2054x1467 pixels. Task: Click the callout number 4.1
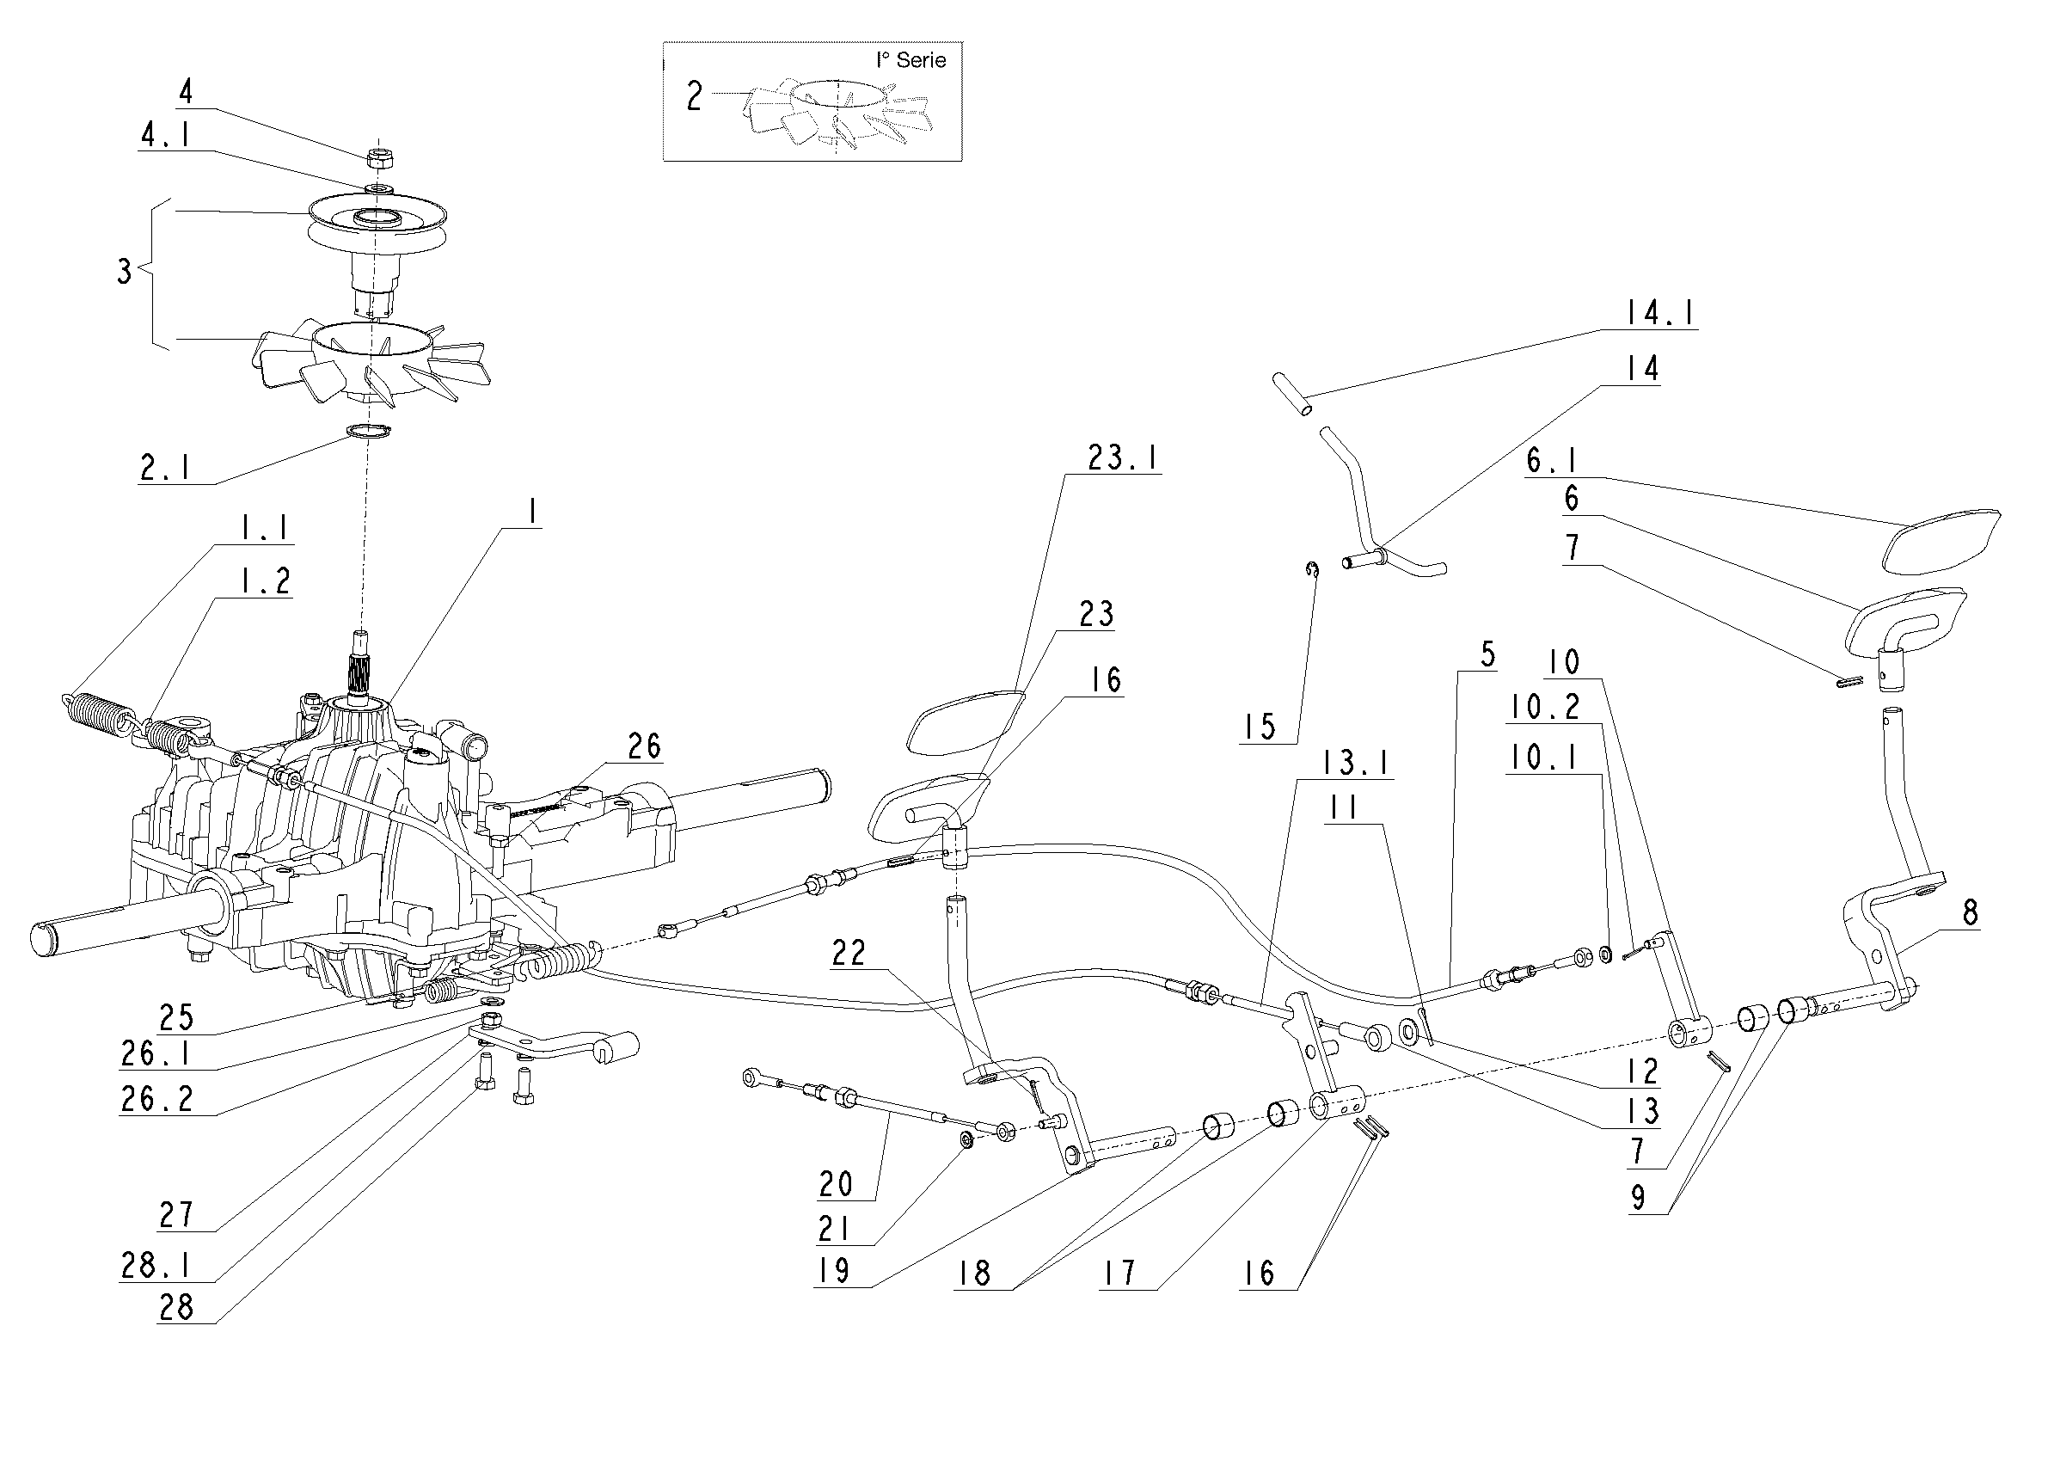tap(165, 136)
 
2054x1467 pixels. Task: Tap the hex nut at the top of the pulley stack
tap(380, 157)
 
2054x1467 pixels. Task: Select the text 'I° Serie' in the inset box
tap(911, 60)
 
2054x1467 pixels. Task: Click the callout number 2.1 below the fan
tap(165, 468)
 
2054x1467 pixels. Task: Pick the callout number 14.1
tap(1659, 314)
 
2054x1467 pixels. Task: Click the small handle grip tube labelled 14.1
tap(1293, 395)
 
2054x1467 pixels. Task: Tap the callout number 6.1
tap(1551, 461)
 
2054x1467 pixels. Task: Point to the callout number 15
tap(1259, 727)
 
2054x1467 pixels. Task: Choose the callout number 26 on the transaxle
tap(644, 746)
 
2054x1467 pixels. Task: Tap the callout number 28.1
tap(156, 1266)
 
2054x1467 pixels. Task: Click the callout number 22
tap(848, 953)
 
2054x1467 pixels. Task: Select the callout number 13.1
tap(1355, 763)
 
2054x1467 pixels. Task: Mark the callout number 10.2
tap(1544, 708)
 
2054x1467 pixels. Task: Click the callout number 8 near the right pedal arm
tap(1970, 912)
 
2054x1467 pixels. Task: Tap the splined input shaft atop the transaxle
tap(360, 668)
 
